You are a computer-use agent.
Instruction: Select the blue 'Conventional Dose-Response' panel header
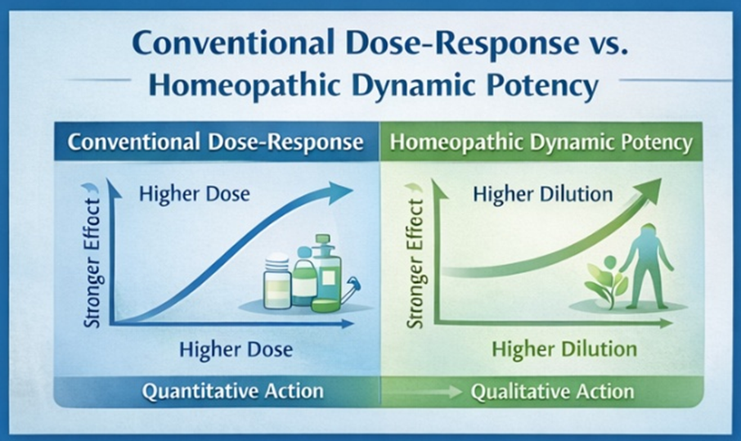217,142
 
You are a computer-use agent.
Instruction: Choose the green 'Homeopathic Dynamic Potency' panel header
541,142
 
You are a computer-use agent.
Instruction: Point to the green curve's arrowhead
649,189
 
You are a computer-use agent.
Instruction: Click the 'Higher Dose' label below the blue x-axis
236,350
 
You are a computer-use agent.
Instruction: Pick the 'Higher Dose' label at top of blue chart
194,194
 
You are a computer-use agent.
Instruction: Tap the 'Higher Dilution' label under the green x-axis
564,349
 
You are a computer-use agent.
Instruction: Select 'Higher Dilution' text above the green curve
543,194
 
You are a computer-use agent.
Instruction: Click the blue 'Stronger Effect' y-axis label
92,263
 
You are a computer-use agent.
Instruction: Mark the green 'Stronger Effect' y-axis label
415,263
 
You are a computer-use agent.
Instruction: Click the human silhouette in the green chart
646,265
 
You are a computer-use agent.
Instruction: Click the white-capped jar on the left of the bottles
277,281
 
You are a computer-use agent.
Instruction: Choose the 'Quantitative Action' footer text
233,391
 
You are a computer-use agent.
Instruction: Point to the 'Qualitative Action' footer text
552,392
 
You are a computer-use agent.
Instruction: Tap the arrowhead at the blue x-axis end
348,324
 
